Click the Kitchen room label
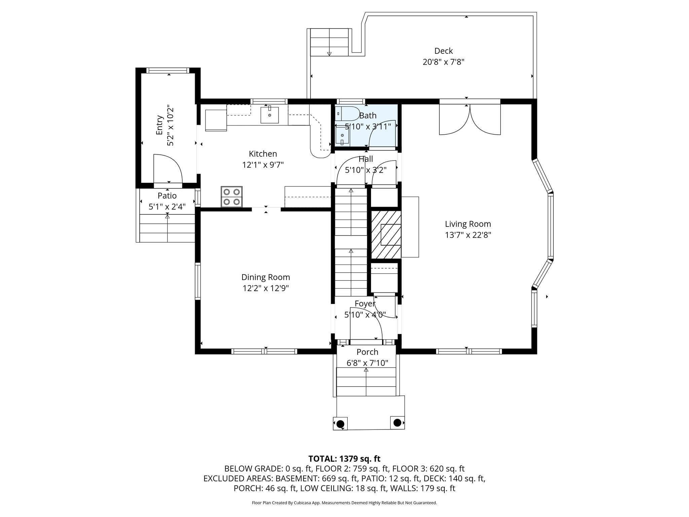(x=263, y=154)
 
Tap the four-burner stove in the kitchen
(x=231, y=197)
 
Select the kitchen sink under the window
(x=269, y=115)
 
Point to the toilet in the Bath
(x=348, y=114)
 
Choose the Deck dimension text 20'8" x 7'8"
(x=443, y=62)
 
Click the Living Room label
(x=468, y=224)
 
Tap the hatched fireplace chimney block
(x=386, y=235)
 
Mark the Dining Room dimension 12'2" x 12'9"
(x=266, y=288)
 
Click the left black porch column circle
(x=340, y=423)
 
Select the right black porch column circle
(x=397, y=422)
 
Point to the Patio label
(x=167, y=196)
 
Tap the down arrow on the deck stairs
(x=329, y=54)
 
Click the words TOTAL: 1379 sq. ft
(x=344, y=458)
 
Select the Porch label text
(x=367, y=352)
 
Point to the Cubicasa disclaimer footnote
(x=344, y=503)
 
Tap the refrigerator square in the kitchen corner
(x=216, y=120)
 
